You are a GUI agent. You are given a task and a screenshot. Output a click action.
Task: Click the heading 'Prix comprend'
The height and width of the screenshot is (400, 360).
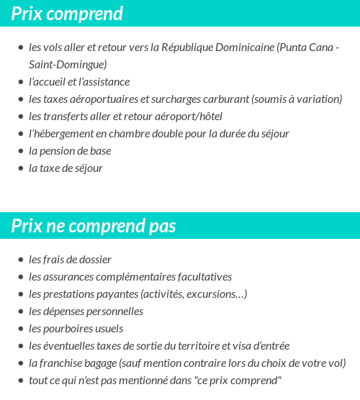(67, 14)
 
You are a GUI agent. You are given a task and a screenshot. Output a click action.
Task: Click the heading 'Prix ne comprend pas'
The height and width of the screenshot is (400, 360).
(94, 226)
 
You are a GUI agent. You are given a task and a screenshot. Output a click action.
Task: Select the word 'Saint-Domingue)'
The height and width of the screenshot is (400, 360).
(68, 65)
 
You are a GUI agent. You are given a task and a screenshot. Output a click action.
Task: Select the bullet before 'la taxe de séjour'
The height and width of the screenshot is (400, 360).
(21, 168)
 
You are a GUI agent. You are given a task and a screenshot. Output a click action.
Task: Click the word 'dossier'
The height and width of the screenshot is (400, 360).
(94, 260)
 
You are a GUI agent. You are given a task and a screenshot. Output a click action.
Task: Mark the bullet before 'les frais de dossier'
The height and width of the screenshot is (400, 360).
(21, 260)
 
